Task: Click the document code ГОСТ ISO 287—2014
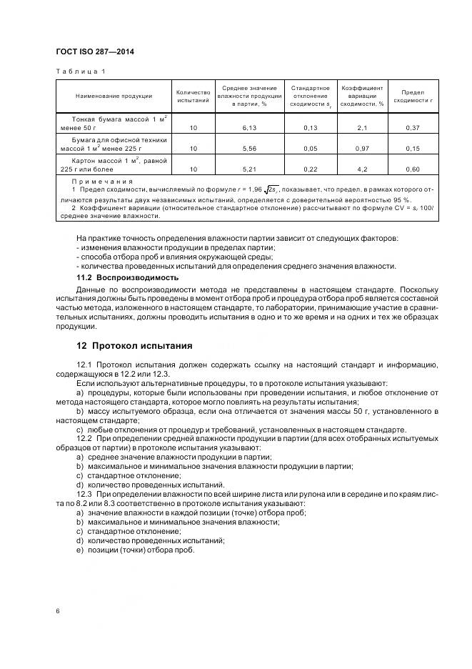pos(95,51)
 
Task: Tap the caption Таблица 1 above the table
pos(79,71)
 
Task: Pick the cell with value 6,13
pos(249,127)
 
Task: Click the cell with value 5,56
pos(249,149)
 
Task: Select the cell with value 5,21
pos(249,170)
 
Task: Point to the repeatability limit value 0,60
pos(413,170)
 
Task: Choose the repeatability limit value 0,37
pos(413,127)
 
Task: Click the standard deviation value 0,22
pos(309,170)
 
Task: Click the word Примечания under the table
pos(102,182)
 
